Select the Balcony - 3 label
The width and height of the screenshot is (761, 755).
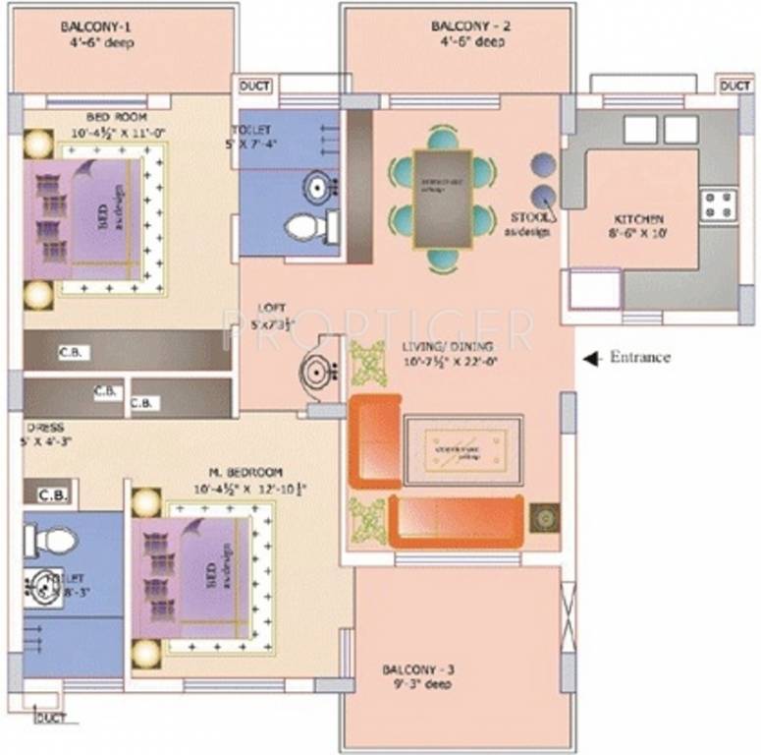(418, 671)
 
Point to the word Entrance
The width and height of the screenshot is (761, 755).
(640, 358)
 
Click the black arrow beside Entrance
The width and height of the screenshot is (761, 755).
(591, 360)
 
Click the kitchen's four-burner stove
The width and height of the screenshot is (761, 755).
(719, 204)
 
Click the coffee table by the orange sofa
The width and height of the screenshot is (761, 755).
(462, 449)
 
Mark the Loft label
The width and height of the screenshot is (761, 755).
(260, 307)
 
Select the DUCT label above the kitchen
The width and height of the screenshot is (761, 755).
(734, 87)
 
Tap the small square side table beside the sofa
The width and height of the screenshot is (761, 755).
(543, 517)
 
